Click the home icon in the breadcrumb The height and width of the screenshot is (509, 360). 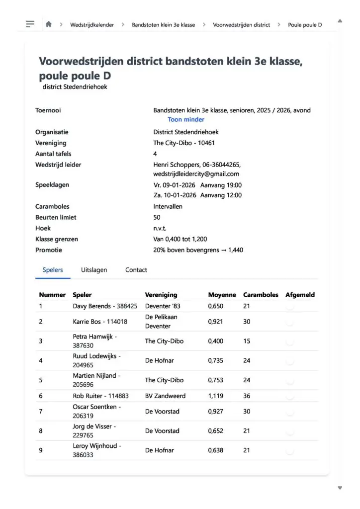tap(48, 24)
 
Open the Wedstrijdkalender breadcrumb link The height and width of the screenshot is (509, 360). tap(92, 24)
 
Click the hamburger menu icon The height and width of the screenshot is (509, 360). tap(30, 24)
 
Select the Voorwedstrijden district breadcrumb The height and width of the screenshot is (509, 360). tap(241, 24)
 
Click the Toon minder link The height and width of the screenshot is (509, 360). tap(186, 119)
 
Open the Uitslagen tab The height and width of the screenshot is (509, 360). tap(94, 270)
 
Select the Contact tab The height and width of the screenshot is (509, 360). tap(136, 270)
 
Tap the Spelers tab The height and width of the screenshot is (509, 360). tap(53, 270)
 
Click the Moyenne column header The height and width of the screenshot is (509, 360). tap(222, 295)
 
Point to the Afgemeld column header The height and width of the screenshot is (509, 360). tap(300, 295)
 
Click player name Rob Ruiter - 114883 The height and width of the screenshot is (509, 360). tap(100, 396)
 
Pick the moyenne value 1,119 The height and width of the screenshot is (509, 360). tap(216, 396)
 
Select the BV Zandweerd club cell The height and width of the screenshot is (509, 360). tap(162, 396)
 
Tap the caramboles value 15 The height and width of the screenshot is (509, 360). tap(247, 341)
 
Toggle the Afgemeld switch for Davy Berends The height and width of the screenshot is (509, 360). tap(290, 307)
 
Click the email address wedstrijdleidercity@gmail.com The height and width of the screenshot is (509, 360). tap(196, 174)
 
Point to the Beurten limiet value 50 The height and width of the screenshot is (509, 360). tap(157, 217)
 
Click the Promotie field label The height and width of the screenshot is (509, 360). tap(49, 250)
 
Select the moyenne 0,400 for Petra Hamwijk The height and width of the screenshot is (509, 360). tap(216, 341)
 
